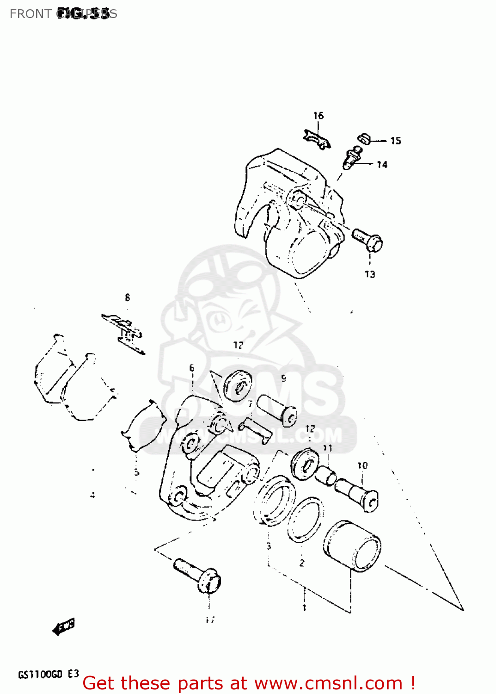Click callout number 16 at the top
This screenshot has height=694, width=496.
coord(318,116)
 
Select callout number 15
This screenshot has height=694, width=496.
coord(396,141)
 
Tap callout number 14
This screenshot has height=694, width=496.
coord(382,164)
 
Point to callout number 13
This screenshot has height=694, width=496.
coord(370,274)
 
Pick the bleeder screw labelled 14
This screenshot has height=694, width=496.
coord(352,158)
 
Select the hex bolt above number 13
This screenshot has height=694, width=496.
coord(368,239)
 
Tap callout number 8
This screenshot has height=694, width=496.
coord(128,297)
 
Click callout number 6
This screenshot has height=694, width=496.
coord(192,368)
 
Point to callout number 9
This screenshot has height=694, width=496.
coord(283,378)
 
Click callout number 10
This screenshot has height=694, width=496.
coord(362,465)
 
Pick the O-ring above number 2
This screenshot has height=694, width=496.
coord(304,520)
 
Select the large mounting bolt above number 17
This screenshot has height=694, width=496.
coord(198,575)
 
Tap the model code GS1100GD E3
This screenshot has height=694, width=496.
coord(49,674)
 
